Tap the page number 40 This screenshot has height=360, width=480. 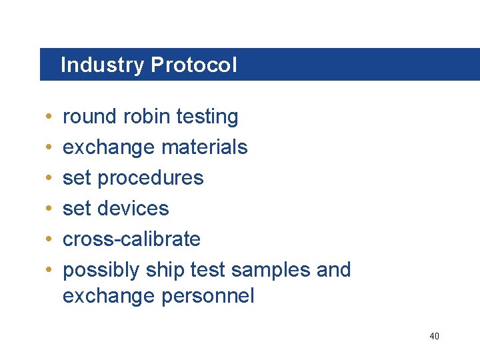(434, 336)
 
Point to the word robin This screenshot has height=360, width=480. (145, 117)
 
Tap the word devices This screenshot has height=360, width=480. (133, 209)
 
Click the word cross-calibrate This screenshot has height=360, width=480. (131, 239)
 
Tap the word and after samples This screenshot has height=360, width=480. (335, 270)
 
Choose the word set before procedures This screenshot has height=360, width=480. (77, 178)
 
